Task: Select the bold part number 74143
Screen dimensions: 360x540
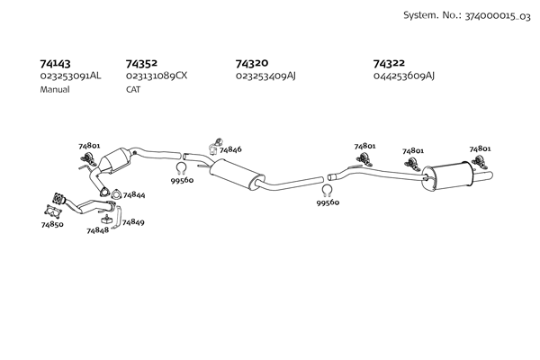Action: point(56,64)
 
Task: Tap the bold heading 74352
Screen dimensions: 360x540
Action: point(141,64)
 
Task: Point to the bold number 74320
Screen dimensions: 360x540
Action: point(251,64)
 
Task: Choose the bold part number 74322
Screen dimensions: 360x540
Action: point(389,64)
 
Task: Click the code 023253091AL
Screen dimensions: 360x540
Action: point(70,76)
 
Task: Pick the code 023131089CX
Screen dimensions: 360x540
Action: point(157,76)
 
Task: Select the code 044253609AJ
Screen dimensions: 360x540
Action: point(403,76)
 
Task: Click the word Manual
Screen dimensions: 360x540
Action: point(55,91)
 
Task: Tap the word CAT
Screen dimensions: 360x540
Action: point(133,91)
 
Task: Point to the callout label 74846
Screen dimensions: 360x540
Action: point(230,148)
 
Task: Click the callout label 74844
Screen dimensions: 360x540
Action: point(134,194)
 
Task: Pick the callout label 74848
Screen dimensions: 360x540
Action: point(97,231)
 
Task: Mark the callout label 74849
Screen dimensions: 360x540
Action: point(132,221)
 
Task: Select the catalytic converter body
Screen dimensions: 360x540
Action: point(118,163)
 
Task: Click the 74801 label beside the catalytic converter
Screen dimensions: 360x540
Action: point(89,145)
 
